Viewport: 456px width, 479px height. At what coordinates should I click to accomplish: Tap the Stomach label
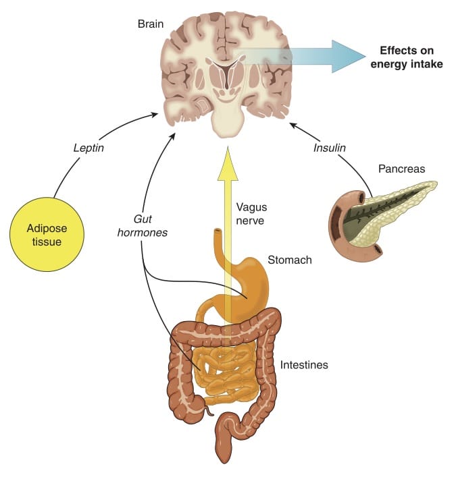tap(289, 259)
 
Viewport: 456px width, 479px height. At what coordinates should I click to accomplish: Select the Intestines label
tap(304, 364)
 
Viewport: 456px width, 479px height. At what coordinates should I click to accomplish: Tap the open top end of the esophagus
tap(217, 233)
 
